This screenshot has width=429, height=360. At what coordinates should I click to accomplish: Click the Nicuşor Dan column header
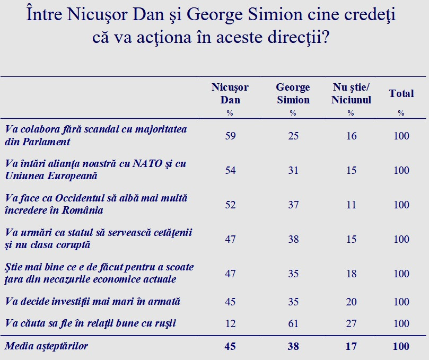tap(230, 93)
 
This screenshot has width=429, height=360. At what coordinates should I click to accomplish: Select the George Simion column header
tap(293, 93)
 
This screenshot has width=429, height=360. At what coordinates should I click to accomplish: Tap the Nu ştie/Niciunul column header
tap(351, 93)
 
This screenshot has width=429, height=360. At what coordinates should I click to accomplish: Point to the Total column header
tap(401, 93)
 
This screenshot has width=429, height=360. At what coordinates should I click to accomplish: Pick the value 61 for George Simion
tap(293, 323)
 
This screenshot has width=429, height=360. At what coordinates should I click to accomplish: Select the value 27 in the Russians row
tap(351, 323)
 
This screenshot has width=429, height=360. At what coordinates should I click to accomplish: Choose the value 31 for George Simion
tap(293, 170)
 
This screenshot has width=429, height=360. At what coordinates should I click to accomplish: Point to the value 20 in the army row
tap(351, 302)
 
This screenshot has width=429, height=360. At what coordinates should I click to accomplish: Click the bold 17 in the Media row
tap(351, 347)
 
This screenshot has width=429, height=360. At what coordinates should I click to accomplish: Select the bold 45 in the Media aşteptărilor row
tap(230, 347)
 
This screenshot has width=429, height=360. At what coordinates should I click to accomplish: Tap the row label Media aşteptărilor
tap(46, 346)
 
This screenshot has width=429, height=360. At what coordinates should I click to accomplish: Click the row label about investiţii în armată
tap(92, 301)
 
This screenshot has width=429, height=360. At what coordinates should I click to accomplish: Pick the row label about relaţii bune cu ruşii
tap(90, 323)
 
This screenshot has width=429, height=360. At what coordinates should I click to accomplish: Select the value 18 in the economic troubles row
tap(351, 274)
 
